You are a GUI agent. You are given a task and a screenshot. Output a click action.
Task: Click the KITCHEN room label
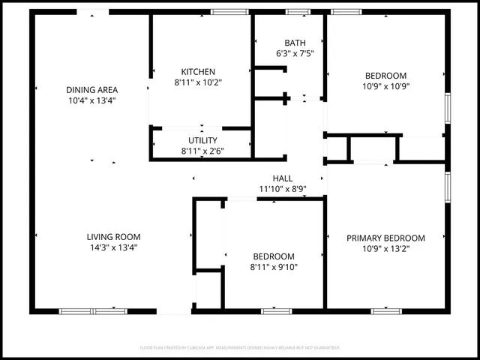pyautogui.click(x=198, y=72)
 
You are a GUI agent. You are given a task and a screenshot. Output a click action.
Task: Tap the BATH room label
pyautogui.click(x=295, y=43)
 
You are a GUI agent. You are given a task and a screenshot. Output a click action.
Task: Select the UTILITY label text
pyautogui.click(x=202, y=140)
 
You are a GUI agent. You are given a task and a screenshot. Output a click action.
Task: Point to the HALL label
pyautogui.click(x=283, y=178)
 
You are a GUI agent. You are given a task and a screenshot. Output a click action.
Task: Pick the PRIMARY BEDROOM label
pyautogui.click(x=385, y=238)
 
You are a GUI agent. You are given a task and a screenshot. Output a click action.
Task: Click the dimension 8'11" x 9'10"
pyautogui.click(x=273, y=266)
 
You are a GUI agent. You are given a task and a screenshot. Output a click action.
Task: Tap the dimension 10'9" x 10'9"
pyautogui.click(x=385, y=85)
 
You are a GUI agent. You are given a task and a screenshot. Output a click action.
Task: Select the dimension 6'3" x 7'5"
pyautogui.click(x=295, y=53)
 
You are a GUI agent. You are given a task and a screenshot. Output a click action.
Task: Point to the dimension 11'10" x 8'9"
pyautogui.click(x=283, y=189)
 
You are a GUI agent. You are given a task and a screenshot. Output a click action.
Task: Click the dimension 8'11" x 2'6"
pyautogui.click(x=202, y=151)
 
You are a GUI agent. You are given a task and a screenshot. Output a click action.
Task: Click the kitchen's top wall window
pyautogui.click(x=230, y=12)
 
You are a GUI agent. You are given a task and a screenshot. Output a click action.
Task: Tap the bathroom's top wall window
pyautogui.click(x=298, y=12)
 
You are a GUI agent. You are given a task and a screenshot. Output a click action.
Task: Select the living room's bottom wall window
pyautogui.click(x=93, y=310)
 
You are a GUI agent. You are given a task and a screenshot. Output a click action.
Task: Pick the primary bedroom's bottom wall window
pyautogui.click(x=386, y=310)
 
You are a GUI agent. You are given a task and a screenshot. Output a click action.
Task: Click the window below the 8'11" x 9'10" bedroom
pyautogui.click(x=276, y=310)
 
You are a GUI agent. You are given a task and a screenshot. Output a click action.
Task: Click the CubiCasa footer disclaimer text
pyautogui.click(x=240, y=348)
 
